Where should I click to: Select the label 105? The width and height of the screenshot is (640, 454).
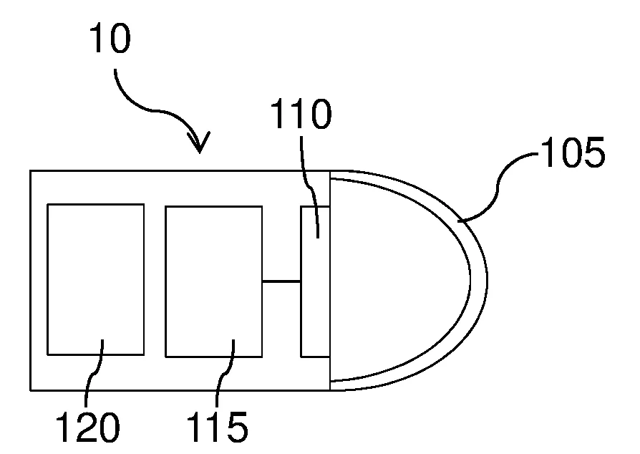tap(573, 153)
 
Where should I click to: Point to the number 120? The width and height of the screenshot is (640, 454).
tap(88, 427)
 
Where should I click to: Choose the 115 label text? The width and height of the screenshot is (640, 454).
tap(217, 427)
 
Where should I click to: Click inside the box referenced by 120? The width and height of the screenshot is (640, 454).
tap(96, 280)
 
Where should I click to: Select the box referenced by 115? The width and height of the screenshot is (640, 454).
tap(214, 281)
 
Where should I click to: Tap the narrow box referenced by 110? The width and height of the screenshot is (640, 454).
tap(315, 281)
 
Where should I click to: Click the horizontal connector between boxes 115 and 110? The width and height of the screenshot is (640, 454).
tap(281, 281)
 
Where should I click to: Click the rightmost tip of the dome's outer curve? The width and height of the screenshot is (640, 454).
tap(488, 281)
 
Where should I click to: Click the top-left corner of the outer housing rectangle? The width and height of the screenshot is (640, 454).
tap(31, 171)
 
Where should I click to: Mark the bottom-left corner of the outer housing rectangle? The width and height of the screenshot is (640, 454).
tap(31, 391)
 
